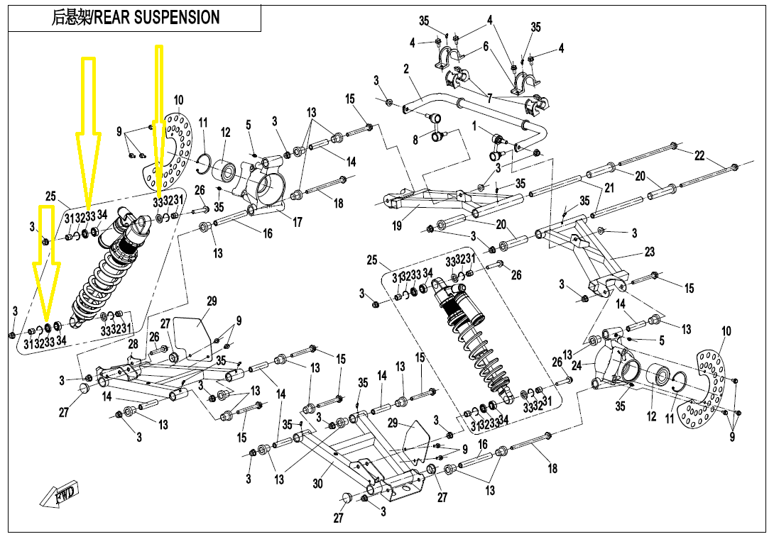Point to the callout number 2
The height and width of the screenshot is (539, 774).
(x=406, y=70)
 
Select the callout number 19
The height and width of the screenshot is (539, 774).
(x=397, y=226)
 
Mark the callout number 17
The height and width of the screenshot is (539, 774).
(x=298, y=223)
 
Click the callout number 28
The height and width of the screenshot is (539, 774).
(x=133, y=345)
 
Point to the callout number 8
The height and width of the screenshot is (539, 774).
(x=416, y=140)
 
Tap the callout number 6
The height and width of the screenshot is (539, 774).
(x=486, y=46)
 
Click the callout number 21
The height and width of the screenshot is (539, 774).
(x=609, y=187)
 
